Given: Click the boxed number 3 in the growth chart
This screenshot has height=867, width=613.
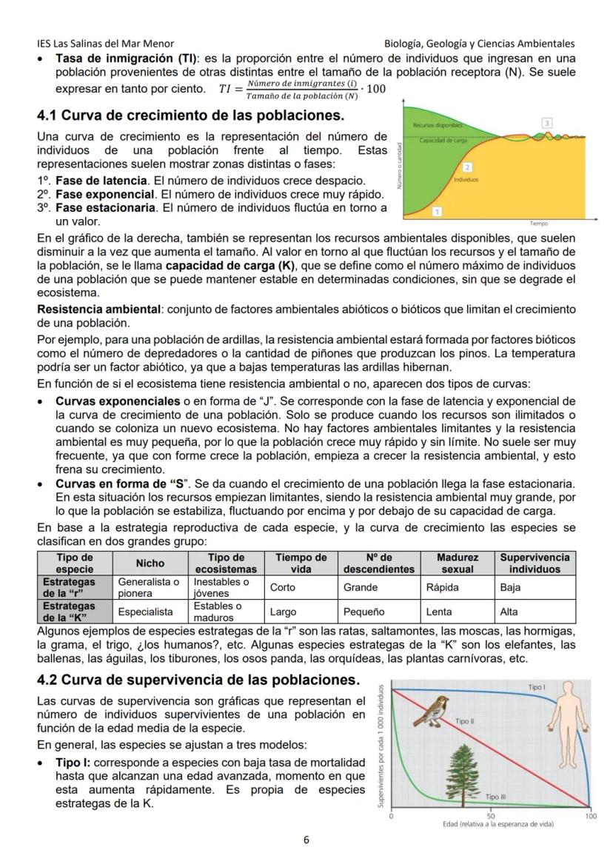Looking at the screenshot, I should pyautogui.click(x=547, y=122).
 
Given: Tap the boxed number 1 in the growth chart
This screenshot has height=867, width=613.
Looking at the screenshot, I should pyautogui.click(x=437, y=212).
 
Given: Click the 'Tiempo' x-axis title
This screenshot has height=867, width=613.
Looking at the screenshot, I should pyautogui.click(x=538, y=223).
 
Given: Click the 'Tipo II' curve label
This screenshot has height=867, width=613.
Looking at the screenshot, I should pyautogui.click(x=464, y=720).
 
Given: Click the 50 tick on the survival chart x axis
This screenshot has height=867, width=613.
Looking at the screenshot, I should pyautogui.click(x=491, y=815).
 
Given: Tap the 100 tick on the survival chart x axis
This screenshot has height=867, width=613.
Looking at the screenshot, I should pyautogui.click(x=590, y=815).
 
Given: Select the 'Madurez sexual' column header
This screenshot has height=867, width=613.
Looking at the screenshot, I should pyautogui.click(x=457, y=563).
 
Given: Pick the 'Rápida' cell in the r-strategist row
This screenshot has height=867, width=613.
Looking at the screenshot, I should pyautogui.click(x=443, y=587).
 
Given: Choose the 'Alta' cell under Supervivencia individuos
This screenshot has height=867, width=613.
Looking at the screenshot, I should pyautogui.click(x=509, y=612).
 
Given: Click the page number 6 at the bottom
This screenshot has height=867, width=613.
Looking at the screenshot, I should pyautogui.click(x=306, y=840).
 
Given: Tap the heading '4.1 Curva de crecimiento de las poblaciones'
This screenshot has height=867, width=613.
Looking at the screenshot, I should pyautogui.click(x=191, y=116).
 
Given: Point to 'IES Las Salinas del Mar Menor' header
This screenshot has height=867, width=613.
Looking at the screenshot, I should pyautogui.click(x=105, y=44).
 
